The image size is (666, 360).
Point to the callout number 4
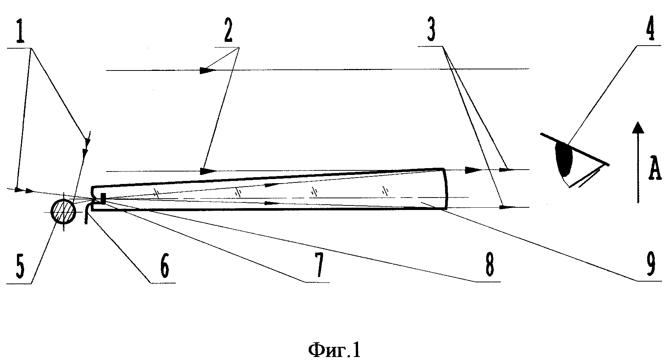(648, 29)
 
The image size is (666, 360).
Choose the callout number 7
(318, 266)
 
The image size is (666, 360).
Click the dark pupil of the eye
(564, 159)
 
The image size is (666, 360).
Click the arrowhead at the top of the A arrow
(637, 128)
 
